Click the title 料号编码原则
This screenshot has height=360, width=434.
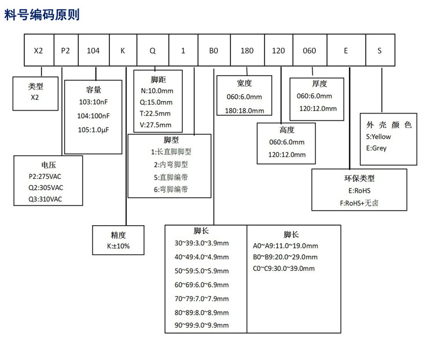click(x=42, y=14)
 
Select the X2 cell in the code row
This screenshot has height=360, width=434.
click(x=39, y=50)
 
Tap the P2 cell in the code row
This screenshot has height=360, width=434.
click(x=66, y=50)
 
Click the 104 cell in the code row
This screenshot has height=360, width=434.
click(x=94, y=50)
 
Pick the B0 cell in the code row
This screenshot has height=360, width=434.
click(x=214, y=50)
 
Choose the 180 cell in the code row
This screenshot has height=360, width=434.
click(x=248, y=50)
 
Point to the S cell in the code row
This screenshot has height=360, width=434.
click(x=380, y=50)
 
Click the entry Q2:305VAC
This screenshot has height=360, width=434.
click(x=46, y=188)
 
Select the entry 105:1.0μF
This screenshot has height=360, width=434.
click(x=93, y=130)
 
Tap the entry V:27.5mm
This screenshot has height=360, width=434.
click(x=156, y=125)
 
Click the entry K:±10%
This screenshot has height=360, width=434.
click(x=118, y=246)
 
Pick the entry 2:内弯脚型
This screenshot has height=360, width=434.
click(x=171, y=164)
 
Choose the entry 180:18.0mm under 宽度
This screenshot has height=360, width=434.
click(x=244, y=111)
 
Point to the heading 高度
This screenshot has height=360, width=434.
click(x=287, y=130)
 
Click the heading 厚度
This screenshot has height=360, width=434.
click(x=319, y=83)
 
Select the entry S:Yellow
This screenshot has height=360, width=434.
click(x=378, y=137)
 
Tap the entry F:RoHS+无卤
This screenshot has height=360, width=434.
click(x=359, y=203)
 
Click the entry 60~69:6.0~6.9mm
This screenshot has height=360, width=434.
click(x=201, y=285)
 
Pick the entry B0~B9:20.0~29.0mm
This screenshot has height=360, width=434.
click(x=285, y=257)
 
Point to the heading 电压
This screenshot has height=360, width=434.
click(x=49, y=165)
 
